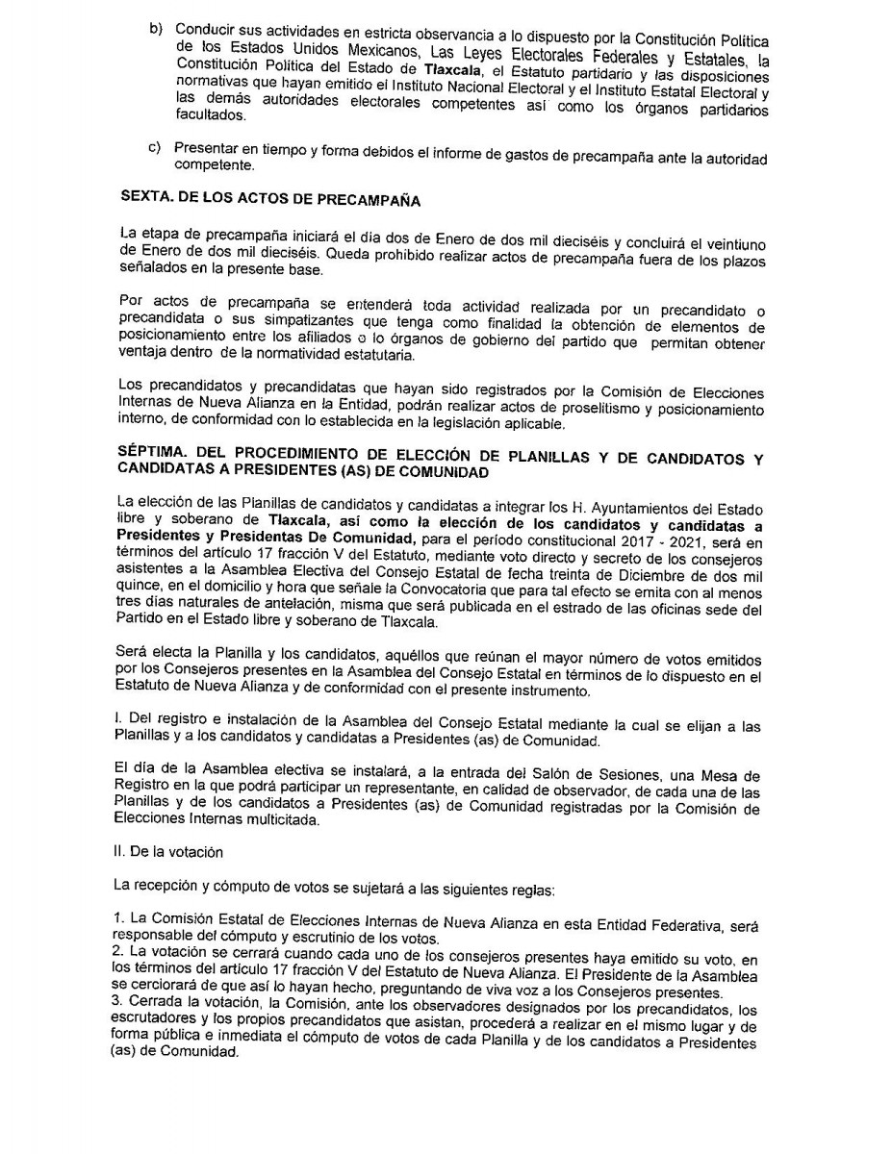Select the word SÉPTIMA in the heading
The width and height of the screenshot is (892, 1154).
point(149,454)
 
